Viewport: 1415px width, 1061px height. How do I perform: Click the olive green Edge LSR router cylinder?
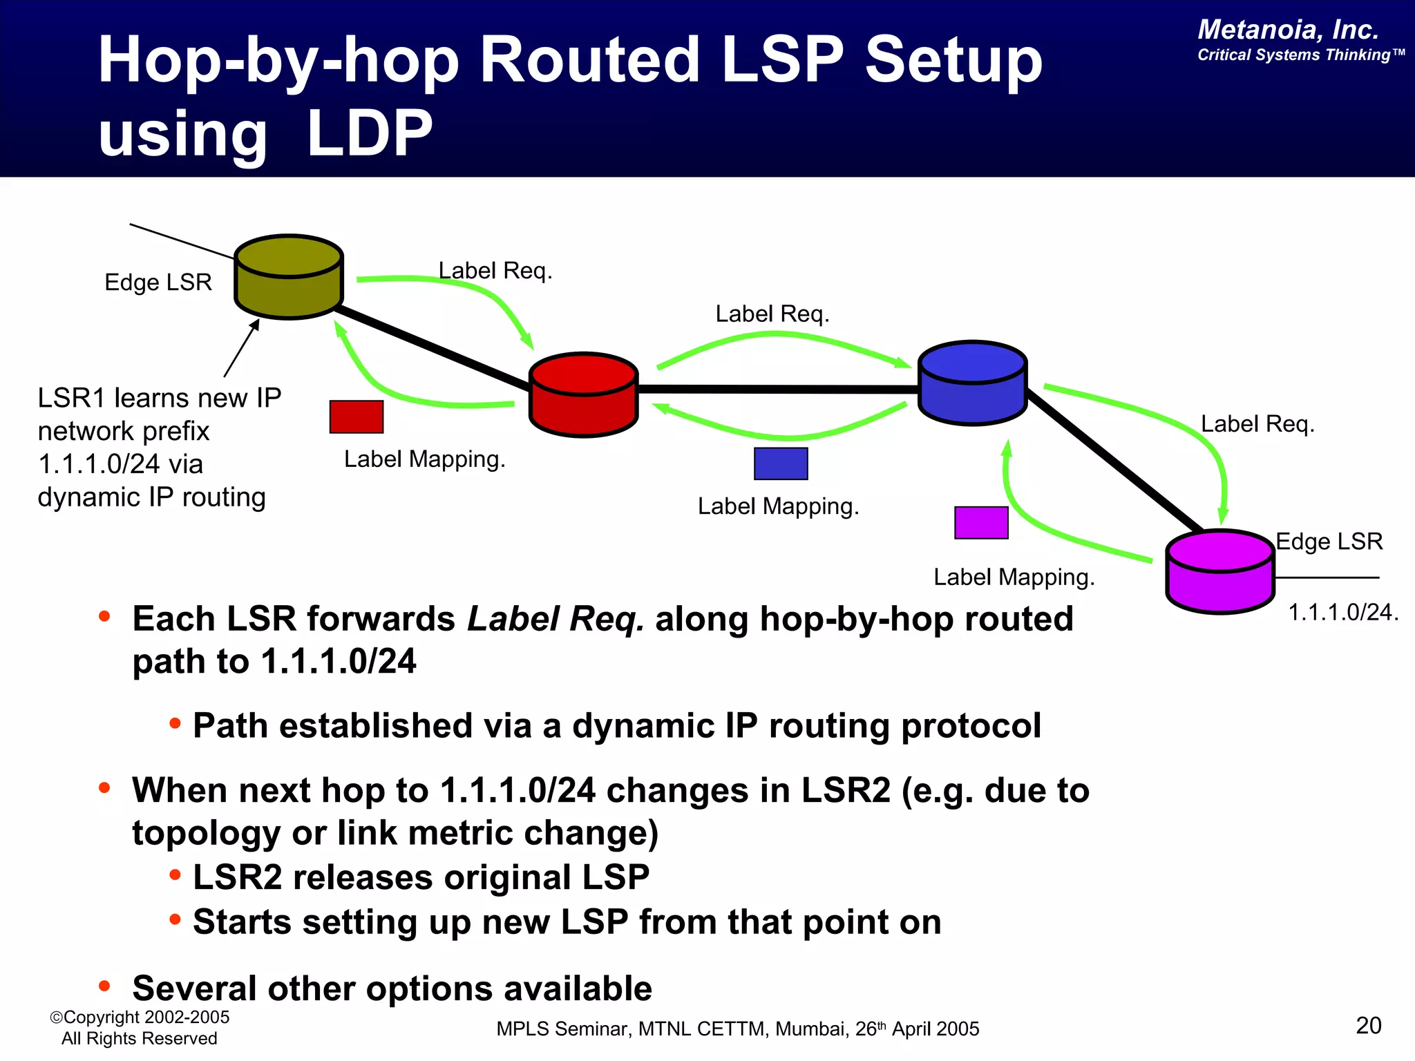[x=289, y=278]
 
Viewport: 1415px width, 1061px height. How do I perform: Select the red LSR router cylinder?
[x=583, y=396]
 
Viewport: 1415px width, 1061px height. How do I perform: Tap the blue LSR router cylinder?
[x=972, y=384]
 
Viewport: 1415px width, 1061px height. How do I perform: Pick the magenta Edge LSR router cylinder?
[x=1219, y=573]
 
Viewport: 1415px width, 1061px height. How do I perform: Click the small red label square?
[x=357, y=417]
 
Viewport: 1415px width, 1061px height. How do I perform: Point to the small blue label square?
[x=781, y=463]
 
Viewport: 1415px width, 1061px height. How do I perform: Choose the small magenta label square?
[x=981, y=523]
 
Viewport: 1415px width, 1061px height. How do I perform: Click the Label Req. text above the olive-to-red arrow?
[x=495, y=271]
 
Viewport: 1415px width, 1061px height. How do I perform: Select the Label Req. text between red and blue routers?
[x=772, y=314]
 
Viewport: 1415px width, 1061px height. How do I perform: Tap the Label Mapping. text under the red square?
[x=424, y=459]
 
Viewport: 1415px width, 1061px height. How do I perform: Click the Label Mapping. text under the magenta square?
[x=1014, y=577]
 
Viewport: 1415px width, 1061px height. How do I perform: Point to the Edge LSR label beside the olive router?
[x=158, y=283]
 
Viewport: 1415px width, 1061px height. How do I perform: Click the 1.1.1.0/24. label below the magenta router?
[x=1342, y=613]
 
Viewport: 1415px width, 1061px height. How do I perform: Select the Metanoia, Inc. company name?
[x=1288, y=30]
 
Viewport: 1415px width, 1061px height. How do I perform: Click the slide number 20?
[x=1368, y=1026]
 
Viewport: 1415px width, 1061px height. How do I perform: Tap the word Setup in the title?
[x=953, y=61]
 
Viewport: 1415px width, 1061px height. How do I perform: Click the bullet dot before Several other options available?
[x=104, y=986]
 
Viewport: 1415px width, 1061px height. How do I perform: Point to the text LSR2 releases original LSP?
[x=421, y=878]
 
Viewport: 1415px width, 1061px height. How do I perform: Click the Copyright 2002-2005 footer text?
[x=140, y=1017]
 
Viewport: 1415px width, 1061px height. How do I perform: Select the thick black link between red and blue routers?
[x=777, y=390]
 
